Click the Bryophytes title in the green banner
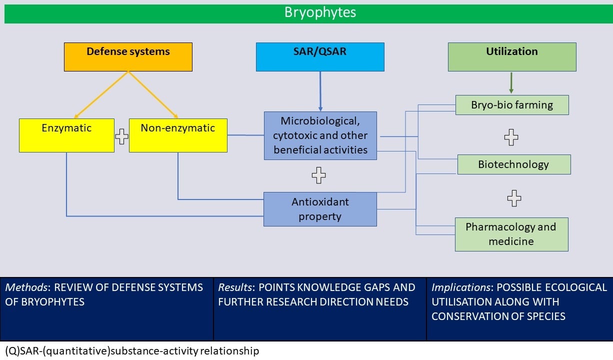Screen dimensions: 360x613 point(320,12)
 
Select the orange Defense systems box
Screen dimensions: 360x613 point(128,56)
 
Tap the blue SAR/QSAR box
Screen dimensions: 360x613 point(320,56)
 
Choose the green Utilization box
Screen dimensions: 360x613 point(511,56)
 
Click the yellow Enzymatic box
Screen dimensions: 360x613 point(66,135)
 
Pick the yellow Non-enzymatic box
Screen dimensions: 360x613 point(178,135)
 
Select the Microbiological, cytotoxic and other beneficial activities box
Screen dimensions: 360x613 point(320,135)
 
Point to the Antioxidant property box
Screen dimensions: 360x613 point(320,209)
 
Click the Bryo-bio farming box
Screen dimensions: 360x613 point(512,105)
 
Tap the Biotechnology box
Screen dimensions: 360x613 point(513,164)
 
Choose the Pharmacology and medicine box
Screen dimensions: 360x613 point(511,234)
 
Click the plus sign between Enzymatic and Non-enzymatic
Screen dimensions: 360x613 point(121,136)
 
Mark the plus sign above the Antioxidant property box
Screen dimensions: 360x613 point(318,175)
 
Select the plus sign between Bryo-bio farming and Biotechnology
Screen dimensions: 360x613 point(510,136)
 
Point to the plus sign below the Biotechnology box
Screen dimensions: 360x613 point(514,198)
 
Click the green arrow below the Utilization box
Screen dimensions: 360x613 point(511,83)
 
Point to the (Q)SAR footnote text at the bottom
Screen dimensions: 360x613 point(132,351)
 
